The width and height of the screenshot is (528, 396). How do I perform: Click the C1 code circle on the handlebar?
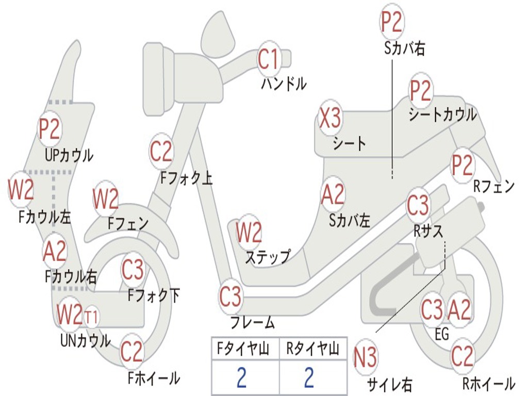pyautogui.click(x=268, y=59)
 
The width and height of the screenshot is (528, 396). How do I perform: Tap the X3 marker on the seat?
pyautogui.click(x=329, y=118)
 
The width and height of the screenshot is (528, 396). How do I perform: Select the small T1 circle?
pyautogui.click(x=91, y=316)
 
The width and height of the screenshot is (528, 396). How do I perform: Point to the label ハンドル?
pyautogui.click(x=284, y=83)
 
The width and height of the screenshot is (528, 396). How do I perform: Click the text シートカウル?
pyautogui.click(x=442, y=114)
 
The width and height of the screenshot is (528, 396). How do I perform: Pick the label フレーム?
pyautogui.click(x=252, y=323)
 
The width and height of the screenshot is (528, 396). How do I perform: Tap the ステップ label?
pyautogui.click(x=267, y=257)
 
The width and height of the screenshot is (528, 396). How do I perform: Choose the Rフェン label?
pyautogui.click(x=494, y=187)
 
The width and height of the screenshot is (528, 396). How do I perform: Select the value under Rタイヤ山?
pyautogui.click(x=309, y=378)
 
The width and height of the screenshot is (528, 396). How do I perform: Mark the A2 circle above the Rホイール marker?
pyautogui.click(x=459, y=310)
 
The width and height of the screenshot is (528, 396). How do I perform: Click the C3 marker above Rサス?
pyautogui.click(x=418, y=205)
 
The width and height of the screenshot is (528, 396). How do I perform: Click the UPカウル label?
pyautogui.click(x=69, y=155)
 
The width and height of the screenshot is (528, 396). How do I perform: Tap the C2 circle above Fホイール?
pyautogui.click(x=131, y=351)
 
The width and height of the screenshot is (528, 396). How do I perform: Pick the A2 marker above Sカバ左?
pyautogui.click(x=333, y=194)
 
